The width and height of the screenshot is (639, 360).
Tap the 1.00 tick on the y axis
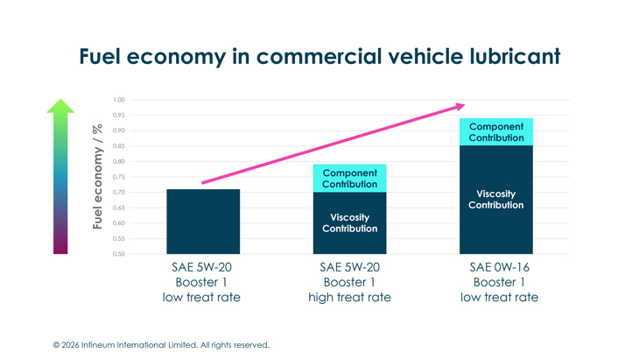[119, 100]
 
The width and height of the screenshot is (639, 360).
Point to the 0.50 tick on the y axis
[119, 254]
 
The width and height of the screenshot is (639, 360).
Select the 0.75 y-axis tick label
[119, 177]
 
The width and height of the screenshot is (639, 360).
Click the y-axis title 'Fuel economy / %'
[99, 177]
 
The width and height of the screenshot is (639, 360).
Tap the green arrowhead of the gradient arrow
[60, 107]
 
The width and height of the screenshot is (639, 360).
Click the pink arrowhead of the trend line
[460, 106]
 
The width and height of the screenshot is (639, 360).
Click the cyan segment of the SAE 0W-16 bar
[496, 132]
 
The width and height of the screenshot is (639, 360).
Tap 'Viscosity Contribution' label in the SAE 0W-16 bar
[496, 200]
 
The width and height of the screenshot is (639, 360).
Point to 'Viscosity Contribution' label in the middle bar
[349, 222]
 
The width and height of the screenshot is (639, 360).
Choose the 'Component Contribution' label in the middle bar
[349, 179]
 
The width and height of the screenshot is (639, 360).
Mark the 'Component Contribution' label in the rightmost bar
[496, 132]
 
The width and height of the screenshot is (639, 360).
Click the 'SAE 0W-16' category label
[499, 267]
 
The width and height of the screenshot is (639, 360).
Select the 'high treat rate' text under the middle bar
[349, 297]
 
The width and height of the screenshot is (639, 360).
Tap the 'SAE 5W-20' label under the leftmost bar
[203, 267]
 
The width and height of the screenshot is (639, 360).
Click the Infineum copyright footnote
[161, 345]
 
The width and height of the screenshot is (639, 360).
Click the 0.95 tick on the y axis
[119, 116]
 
